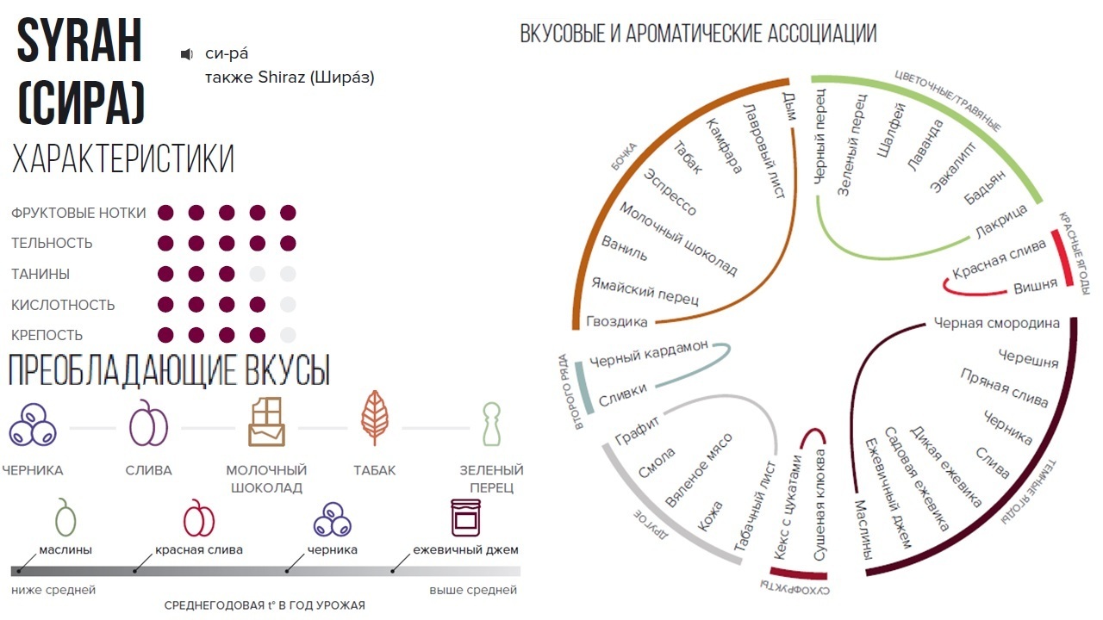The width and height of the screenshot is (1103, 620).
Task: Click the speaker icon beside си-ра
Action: (186, 54)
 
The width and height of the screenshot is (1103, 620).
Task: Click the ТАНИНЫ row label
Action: (41, 274)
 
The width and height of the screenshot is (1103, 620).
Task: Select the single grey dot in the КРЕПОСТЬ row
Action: (288, 335)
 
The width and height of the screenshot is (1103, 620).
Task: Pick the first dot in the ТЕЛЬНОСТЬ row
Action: (165, 243)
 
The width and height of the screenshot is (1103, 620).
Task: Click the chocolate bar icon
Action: (266, 422)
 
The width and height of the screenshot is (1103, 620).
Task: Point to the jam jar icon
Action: (465, 518)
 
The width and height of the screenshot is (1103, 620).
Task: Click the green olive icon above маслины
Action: (65, 518)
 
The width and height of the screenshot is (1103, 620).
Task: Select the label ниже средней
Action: (53, 590)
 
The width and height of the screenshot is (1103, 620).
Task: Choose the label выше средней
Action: (473, 590)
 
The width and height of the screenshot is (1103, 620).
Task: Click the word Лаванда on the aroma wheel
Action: (925, 146)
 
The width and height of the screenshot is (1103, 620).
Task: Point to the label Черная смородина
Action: (997, 324)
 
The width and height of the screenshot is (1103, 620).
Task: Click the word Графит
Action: (638, 431)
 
